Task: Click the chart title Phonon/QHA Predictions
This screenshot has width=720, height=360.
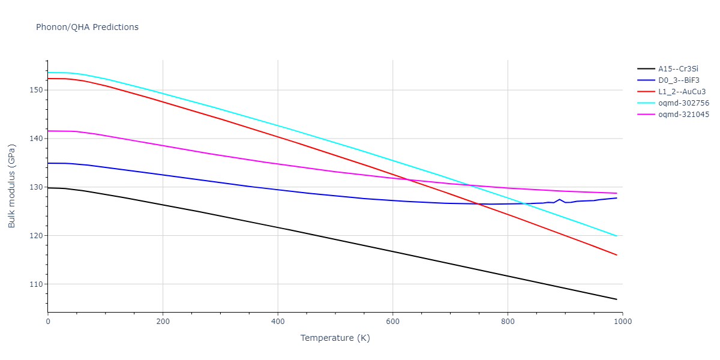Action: click(x=87, y=27)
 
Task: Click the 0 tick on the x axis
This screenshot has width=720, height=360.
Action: click(x=48, y=321)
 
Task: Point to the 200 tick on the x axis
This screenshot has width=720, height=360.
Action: click(x=163, y=321)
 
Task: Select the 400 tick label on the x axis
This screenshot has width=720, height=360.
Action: click(x=278, y=321)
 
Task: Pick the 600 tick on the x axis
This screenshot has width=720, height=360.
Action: click(x=392, y=321)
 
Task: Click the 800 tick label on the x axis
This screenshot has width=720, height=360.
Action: click(x=508, y=321)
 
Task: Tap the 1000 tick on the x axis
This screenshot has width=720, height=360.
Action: click(x=622, y=321)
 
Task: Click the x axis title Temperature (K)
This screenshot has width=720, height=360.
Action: click(x=335, y=338)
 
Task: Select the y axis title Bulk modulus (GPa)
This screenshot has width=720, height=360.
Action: click(x=12, y=186)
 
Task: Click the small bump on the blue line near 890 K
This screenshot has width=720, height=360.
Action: click(x=559, y=199)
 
